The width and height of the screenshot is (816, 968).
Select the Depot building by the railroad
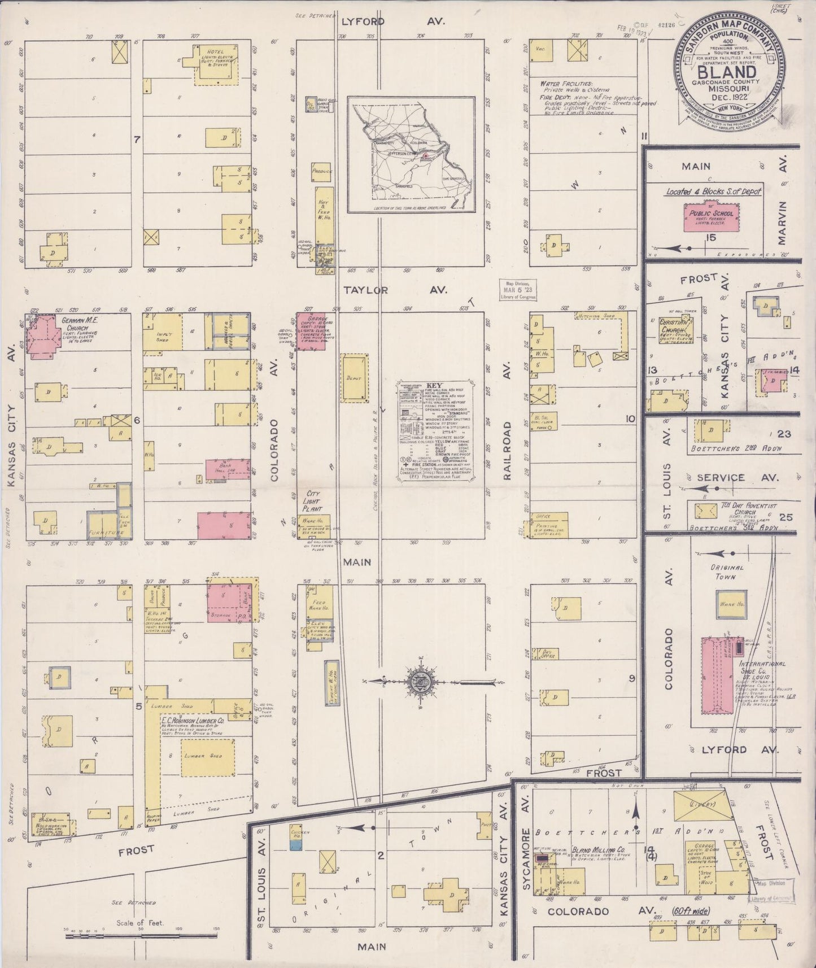pos(354,378)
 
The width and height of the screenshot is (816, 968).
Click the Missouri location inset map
pos(411,155)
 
